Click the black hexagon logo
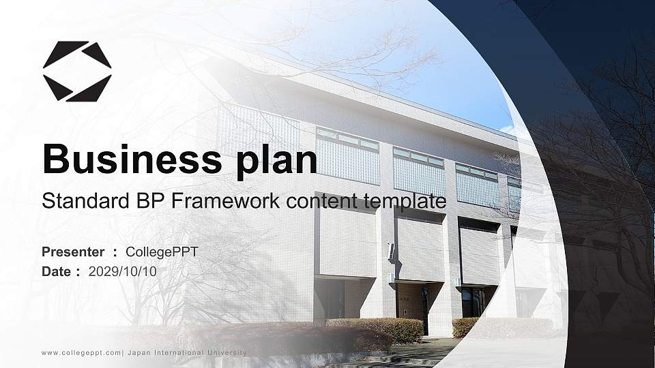(x=77, y=71)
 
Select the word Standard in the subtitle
(x=76, y=201)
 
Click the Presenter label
(x=73, y=252)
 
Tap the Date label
(x=57, y=271)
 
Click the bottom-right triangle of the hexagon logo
(x=92, y=89)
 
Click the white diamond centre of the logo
(x=77, y=71)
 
